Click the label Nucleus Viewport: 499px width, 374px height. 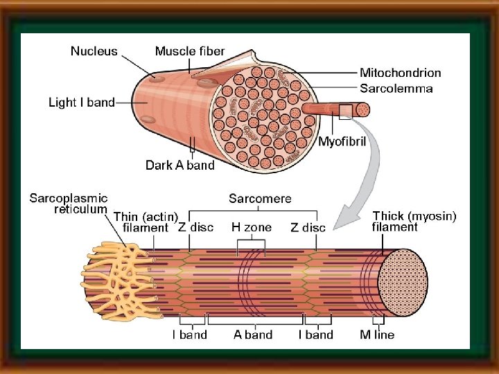tap(94, 51)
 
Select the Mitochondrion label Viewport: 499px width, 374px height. tap(400, 73)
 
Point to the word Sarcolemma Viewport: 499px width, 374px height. tap(396, 88)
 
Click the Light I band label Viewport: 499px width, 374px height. tap(82, 103)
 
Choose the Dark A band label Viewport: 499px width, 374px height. tap(180, 165)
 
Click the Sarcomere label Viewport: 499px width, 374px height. tap(260, 198)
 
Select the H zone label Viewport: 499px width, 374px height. tap(251, 226)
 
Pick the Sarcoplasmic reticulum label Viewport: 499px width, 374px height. tap(68, 204)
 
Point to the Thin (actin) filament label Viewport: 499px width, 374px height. tap(146, 222)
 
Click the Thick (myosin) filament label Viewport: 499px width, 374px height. tap(414, 221)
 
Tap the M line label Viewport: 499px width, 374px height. tap(378, 335)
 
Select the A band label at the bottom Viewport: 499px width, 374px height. tap(253, 335)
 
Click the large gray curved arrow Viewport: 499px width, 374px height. tap(371, 173)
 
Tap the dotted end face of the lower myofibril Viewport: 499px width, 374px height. tap(403, 281)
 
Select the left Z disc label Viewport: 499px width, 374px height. tap(196, 226)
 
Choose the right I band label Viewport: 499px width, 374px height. tap(315, 335)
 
